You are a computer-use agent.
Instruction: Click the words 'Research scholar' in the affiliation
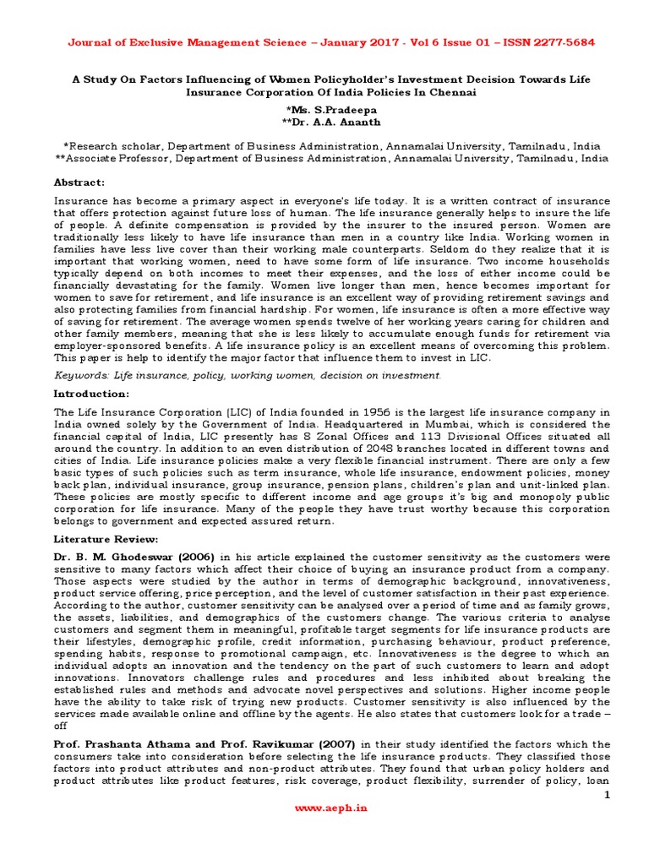[x=117, y=145]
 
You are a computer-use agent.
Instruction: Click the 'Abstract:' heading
[x=79, y=182]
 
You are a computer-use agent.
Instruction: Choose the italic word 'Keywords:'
[x=83, y=374]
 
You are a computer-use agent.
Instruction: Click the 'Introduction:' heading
[x=90, y=394]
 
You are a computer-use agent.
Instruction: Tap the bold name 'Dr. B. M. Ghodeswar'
[x=124, y=558]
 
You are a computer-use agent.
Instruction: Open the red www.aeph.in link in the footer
[x=324, y=807]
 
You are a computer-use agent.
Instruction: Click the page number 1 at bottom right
[x=606, y=796]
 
